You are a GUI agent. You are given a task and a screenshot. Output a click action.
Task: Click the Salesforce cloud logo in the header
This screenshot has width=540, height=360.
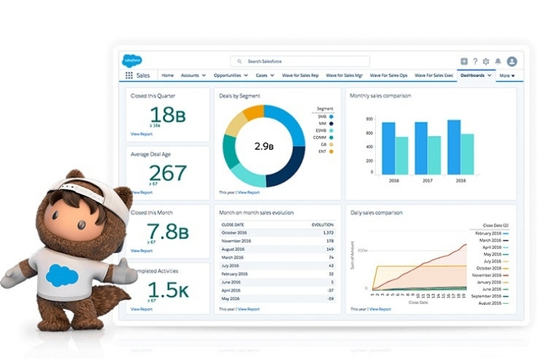[x=132, y=61]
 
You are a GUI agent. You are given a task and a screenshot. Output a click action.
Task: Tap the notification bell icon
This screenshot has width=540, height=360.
[x=498, y=62]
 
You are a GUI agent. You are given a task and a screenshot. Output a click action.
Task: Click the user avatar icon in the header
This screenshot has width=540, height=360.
[x=512, y=62]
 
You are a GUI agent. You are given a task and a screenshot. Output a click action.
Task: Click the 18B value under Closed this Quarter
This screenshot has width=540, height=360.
[x=162, y=114]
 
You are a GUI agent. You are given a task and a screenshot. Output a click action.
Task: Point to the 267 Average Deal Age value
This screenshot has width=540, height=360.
[x=167, y=173]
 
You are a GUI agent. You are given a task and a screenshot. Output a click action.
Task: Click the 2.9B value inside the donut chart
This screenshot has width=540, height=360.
[x=264, y=146]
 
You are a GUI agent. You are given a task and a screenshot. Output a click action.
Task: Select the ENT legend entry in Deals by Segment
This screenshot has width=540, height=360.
[x=323, y=151]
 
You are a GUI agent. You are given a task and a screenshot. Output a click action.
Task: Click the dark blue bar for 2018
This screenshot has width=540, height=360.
[x=454, y=147]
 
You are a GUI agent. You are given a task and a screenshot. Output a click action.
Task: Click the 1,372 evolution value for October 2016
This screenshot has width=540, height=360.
[x=328, y=233]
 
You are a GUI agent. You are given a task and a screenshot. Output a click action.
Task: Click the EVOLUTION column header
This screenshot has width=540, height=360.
[x=323, y=225]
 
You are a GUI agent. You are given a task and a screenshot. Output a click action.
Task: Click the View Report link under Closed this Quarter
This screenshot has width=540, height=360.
[x=141, y=134]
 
